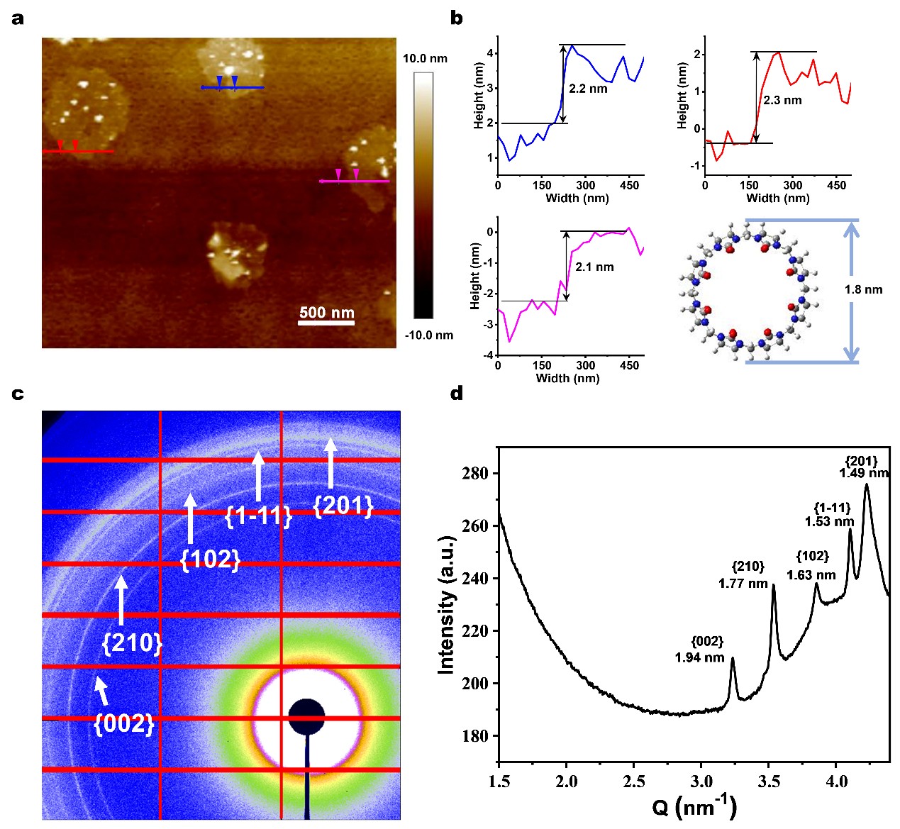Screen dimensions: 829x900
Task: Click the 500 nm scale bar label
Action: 326,312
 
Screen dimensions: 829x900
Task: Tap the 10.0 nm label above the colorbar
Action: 425,58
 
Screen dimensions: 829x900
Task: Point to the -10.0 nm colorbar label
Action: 428,335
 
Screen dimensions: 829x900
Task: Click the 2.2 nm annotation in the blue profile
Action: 588,89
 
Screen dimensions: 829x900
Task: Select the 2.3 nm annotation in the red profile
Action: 782,100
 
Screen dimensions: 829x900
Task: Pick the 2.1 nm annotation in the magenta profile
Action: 594,267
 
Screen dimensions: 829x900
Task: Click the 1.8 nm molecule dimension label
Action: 863,289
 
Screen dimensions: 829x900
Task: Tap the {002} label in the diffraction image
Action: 124,723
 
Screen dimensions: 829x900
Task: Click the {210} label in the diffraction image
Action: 133,642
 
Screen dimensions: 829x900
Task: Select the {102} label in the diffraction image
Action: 211,559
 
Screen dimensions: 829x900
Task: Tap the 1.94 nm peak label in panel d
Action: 699,657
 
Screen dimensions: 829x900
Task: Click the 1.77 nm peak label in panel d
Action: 743,584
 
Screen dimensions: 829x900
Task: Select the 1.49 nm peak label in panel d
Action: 863,473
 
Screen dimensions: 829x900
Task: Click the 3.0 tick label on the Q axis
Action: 701,781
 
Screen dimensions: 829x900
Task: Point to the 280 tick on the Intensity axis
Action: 474,473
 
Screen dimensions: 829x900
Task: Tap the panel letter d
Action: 457,392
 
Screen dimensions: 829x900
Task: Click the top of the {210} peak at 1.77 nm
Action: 773,585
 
